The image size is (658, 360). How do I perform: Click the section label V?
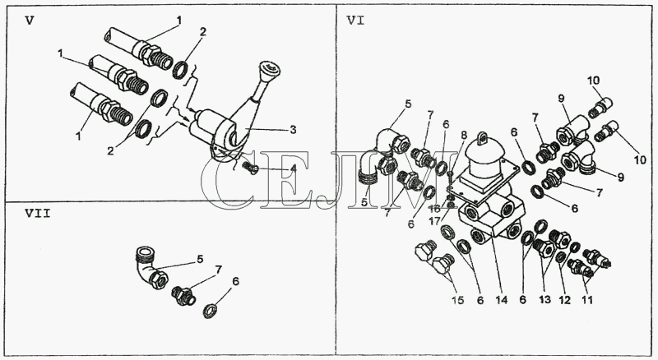click(x=30, y=21)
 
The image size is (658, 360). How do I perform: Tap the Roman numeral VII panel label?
click(x=37, y=214)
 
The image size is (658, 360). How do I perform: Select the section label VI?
click(x=355, y=21)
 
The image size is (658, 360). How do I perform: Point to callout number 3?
click(x=293, y=129)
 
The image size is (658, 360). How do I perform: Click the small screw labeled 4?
click(x=250, y=168)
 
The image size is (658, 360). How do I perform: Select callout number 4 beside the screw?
click(x=293, y=168)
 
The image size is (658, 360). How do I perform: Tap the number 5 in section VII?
click(x=199, y=259)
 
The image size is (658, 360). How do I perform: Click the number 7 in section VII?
click(x=218, y=270)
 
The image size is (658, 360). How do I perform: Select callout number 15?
click(x=458, y=300)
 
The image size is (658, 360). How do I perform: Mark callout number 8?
click(x=463, y=135)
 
